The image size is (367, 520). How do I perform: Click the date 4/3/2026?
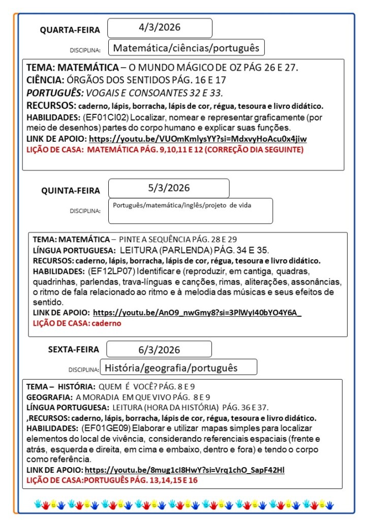(160, 27)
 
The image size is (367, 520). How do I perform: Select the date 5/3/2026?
(169, 188)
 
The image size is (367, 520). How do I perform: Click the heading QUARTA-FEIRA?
(70, 30)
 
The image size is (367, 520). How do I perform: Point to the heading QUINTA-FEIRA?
(71, 191)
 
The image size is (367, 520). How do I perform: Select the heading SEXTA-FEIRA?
(74, 350)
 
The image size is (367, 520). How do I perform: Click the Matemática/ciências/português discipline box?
(186, 48)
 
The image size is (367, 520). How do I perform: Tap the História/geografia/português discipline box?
(171, 367)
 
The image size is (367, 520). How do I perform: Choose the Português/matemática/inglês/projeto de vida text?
(182, 205)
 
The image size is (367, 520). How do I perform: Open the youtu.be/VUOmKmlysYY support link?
(198, 139)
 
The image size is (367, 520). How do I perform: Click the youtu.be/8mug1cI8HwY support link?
(185, 470)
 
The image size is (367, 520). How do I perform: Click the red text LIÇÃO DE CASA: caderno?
(77, 323)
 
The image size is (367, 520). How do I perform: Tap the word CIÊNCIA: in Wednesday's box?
(45, 80)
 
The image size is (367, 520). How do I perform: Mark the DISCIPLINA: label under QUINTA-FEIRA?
(85, 210)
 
